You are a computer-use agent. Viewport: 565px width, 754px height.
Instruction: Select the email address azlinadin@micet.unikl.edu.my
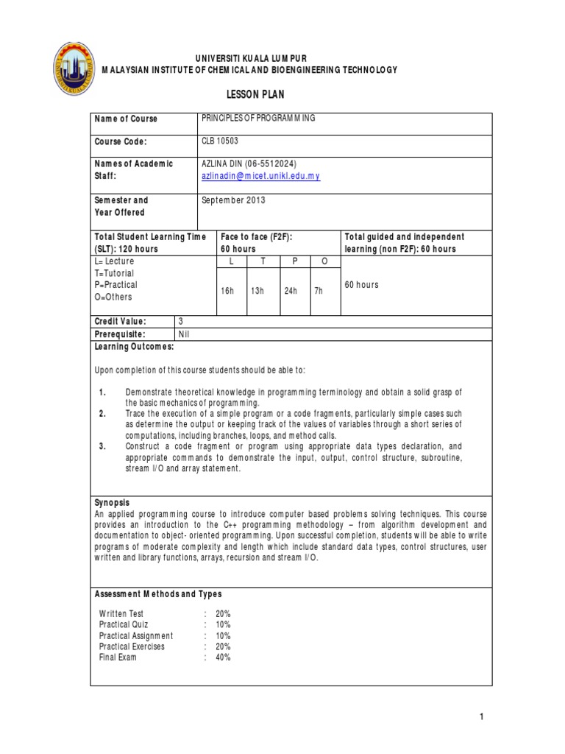[x=260, y=177]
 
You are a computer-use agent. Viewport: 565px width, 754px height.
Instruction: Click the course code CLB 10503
[x=220, y=141]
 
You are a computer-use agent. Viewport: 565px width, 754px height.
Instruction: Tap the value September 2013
[x=233, y=200]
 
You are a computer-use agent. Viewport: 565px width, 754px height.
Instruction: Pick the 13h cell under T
[x=257, y=291]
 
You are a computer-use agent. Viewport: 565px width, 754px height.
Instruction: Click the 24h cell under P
[x=291, y=291]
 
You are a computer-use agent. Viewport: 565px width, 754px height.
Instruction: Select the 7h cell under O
[x=319, y=291]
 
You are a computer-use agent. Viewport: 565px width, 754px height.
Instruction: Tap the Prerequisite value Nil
[x=185, y=334]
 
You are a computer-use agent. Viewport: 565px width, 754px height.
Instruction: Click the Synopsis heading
[x=112, y=502]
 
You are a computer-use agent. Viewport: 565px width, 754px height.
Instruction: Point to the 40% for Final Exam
[x=223, y=658]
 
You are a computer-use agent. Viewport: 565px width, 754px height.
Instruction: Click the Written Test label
[x=121, y=613]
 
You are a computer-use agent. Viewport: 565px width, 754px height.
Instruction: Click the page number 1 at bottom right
[x=481, y=716]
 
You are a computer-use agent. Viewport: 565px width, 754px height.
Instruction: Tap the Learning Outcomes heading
[x=134, y=346]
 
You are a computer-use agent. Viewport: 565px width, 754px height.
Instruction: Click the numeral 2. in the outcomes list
[x=102, y=415]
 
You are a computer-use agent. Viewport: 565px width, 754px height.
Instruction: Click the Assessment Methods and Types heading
[x=158, y=594]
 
